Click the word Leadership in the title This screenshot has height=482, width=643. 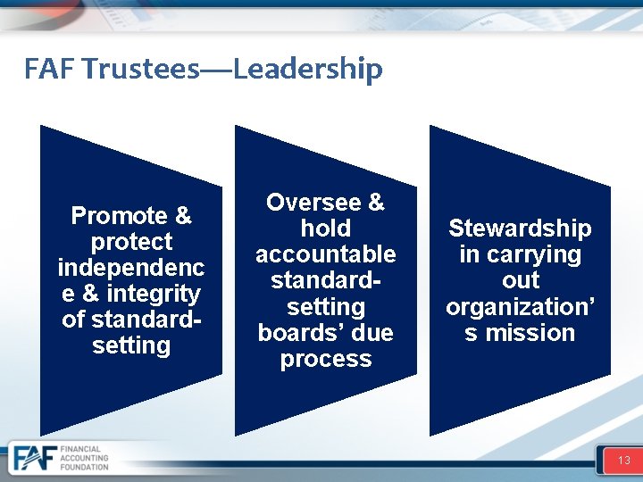pos(308,69)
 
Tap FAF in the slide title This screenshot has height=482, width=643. pos(50,69)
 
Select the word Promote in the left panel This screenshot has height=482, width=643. pos(119,216)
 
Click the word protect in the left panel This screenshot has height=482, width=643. pos(131,242)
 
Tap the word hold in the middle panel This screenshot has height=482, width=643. pos(326,229)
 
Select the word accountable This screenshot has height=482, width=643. pos(326,254)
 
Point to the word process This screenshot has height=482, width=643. pos(326,359)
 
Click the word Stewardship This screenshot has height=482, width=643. pos(520,229)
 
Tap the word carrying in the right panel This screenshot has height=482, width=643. pos(533,254)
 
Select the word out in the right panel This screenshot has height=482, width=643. pos(520,280)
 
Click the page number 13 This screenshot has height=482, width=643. pos(623,461)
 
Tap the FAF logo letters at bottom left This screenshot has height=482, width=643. pos(34,459)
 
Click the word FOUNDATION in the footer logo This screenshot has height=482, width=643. pos(85,468)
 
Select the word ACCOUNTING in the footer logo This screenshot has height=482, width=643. pos(85,459)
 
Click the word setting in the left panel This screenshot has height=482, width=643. pos(131,345)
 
